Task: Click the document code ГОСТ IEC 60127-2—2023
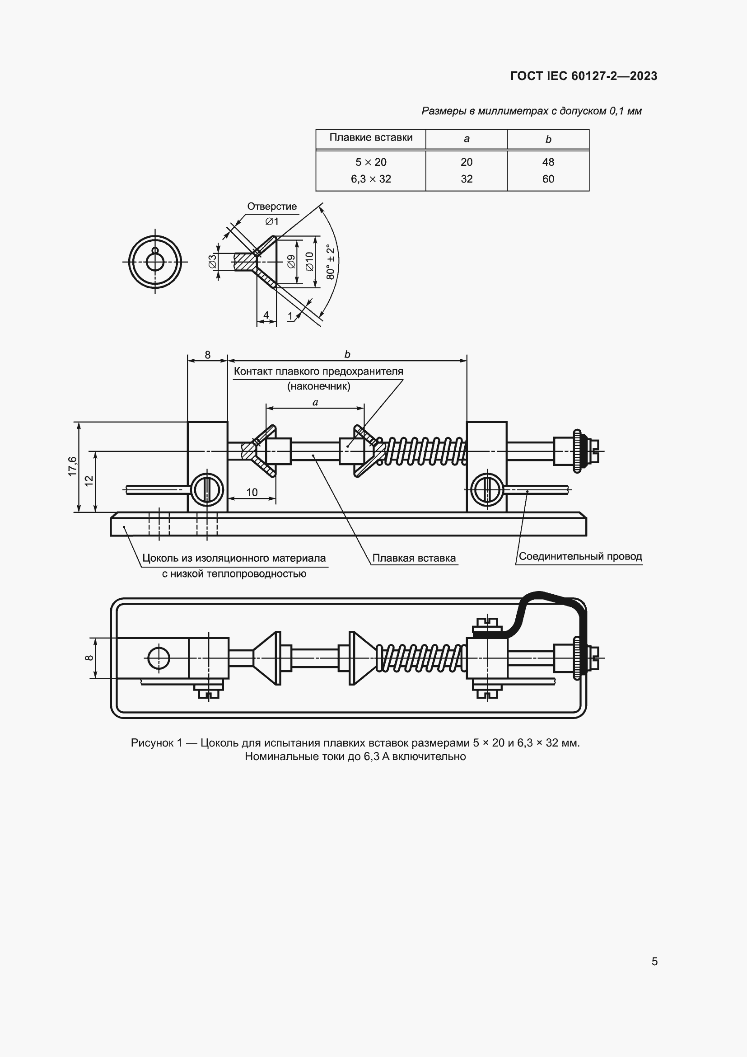(583, 76)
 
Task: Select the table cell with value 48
(548, 162)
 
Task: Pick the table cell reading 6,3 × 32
(371, 179)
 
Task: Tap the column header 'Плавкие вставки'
(371, 138)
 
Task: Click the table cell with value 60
(548, 179)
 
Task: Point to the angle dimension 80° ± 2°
(331, 262)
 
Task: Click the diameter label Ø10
(309, 262)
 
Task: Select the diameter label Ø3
(213, 262)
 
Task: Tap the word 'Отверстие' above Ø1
(272, 206)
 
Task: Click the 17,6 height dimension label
(72, 466)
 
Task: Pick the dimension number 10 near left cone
(252, 492)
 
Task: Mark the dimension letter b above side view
(347, 354)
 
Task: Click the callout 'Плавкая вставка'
(414, 558)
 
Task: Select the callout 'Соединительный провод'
(579, 556)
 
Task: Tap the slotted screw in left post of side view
(208, 490)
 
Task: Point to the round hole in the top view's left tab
(159, 658)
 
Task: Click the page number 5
(654, 961)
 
